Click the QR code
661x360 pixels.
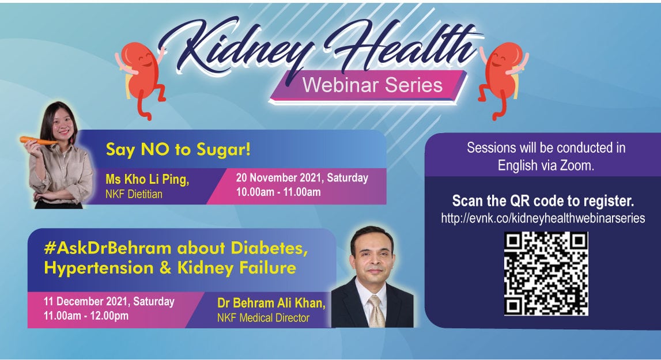(546, 274)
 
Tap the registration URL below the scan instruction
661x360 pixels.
(543, 218)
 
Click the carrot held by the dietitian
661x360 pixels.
(39, 141)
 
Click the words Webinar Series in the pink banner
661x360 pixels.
(373, 85)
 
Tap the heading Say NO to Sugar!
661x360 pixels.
(178, 150)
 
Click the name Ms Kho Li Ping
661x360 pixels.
(147, 180)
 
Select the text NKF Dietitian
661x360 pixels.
(134, 194)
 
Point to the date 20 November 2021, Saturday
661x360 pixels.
(302, 177)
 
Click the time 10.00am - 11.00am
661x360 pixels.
(278, 192)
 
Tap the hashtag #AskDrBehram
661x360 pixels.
(108, 248)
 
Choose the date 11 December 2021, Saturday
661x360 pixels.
(109, 301)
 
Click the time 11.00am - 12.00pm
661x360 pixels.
(86, 316)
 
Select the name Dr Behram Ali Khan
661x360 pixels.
(271, 303)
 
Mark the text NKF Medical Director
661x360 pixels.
(263, 318)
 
